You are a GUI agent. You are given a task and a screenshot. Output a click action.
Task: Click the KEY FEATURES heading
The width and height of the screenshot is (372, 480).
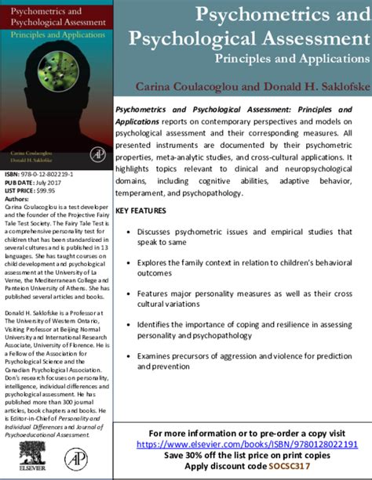coord(140,211)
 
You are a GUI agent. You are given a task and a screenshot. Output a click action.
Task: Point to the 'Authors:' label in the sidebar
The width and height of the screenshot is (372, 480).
coord(18,199)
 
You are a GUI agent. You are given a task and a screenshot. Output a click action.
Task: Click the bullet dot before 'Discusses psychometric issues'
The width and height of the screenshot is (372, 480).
coord(129,233)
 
